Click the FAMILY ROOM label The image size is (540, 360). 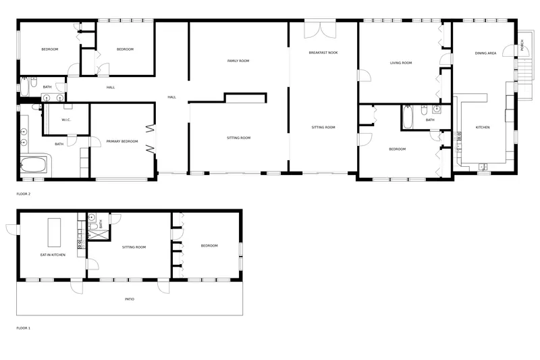238,61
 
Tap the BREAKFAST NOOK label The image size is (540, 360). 323,53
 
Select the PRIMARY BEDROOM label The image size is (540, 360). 122,141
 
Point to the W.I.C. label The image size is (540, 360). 66,120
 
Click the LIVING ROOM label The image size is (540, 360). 401,63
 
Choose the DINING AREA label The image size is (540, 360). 485,53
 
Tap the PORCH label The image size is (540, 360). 522,45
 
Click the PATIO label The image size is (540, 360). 130,299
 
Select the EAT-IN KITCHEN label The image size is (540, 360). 53,255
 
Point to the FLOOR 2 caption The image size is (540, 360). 24,194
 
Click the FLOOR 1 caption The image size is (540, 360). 24,328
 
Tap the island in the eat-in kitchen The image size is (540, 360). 54,232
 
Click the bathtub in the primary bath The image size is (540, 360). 33,165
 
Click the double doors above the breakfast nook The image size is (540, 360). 320,30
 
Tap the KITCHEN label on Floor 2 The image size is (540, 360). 483,128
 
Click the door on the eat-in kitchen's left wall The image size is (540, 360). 13,230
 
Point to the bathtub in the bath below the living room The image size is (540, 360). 408,118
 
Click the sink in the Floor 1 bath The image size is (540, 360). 92,217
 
